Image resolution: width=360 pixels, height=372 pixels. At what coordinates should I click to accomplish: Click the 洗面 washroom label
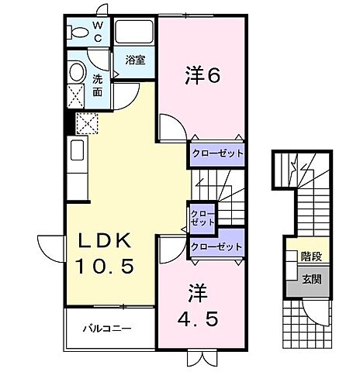(98, 84)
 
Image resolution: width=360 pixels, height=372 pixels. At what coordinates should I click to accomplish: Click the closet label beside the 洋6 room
(217, 154)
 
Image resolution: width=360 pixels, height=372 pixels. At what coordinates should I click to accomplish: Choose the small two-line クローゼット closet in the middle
(202, 217)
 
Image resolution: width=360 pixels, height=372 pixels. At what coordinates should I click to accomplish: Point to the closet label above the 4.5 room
(216, 247)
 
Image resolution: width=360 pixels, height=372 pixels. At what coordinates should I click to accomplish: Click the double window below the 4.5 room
(199, 358)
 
